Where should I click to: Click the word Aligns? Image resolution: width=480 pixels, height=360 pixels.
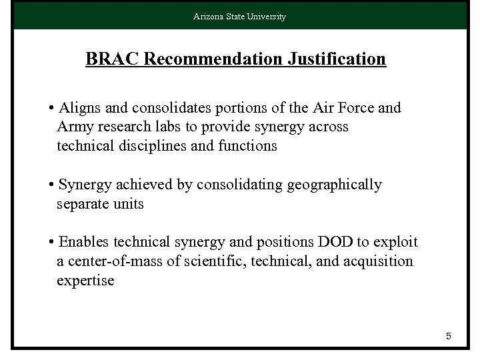coord(79,108)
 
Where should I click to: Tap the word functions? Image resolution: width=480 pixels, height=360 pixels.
coord(247,145)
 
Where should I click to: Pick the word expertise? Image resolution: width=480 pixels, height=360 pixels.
coord(85,281)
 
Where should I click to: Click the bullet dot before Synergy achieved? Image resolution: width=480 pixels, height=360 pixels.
coord(51,185)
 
